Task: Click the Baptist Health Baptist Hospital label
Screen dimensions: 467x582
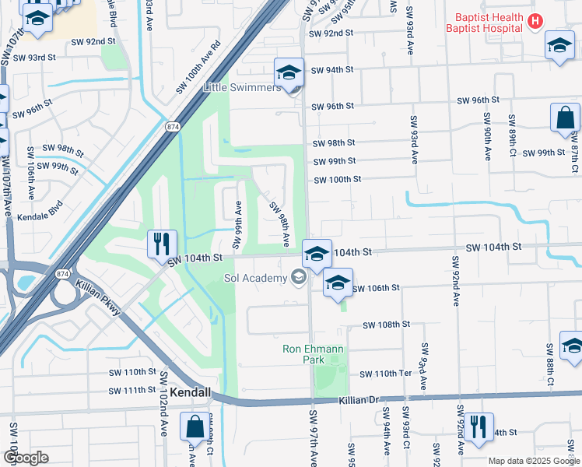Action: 483,22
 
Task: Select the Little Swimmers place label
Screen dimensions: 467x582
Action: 242,88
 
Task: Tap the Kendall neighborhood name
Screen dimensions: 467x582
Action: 191,393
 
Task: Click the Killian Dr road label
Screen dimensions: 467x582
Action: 358,399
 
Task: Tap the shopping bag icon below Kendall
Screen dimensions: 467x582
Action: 194,426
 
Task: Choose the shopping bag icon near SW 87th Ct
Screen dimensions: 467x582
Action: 565,118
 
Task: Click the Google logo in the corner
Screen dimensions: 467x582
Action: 25,457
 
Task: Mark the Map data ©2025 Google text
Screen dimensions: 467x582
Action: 533,461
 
